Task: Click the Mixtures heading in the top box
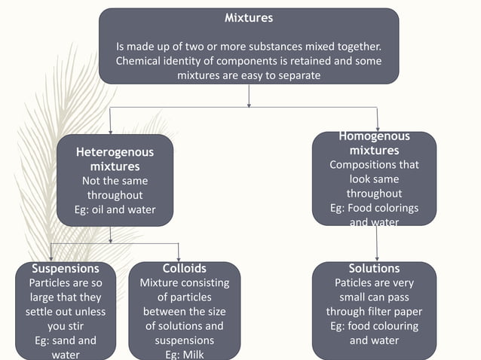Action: click(x=249, y=17)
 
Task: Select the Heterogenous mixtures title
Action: click(x=115, y=159)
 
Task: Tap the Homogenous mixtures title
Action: click(x=374, y=143)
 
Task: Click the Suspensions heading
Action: click(x=66, y=268)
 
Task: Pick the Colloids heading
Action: click(x=184, y=268)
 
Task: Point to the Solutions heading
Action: click(x=374, y=268)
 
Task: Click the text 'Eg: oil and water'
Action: click(x=115, y=209)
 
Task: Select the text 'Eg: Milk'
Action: click(x=184, y=355)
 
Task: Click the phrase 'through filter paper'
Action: click(x=374, y=312)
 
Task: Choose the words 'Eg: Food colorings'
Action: click(x=374, y=208)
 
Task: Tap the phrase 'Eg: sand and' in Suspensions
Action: click(x=66, y=340)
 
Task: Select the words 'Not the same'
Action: click(x=115, y=181)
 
